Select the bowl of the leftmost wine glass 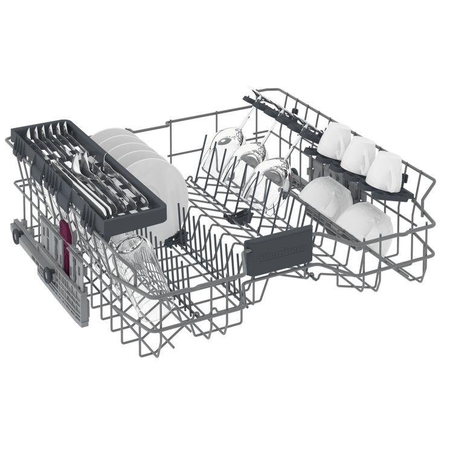(216, 152)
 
